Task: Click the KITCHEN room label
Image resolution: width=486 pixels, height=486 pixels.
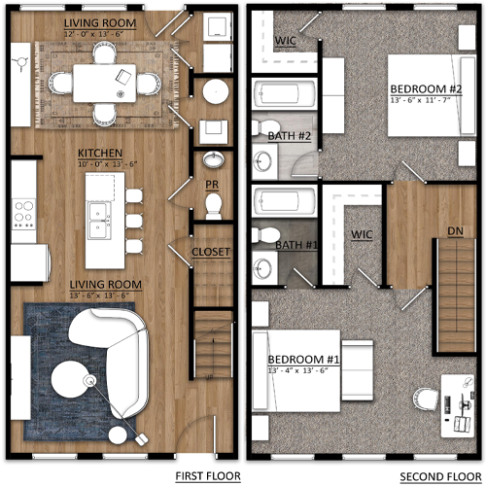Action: pyautogui.click(x=100, y=154)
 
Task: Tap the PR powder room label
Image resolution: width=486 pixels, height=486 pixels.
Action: pyautogui.click(x=211, y=182)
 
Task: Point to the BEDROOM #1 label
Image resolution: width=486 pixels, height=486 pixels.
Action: pyautogui.click(x=301, y=361)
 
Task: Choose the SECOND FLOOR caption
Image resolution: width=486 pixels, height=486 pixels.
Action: pyautogui.click(x=430, y=475)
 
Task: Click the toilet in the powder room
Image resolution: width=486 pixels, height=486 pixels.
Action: pyautogui.click(x=213, y=202)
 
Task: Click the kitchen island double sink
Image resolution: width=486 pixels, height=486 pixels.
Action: pyautogui.click(x=98, y=223)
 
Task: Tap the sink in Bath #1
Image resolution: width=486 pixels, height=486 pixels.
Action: pyautogui.click(x=264, y=267)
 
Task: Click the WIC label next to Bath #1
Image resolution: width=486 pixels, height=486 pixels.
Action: pyautogui.click(x=363, y=234)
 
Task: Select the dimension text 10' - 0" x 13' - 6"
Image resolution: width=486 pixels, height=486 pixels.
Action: pyautogui.click(x=100, y=164)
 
